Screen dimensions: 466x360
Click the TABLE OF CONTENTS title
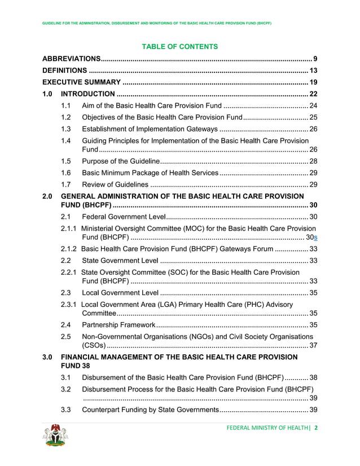(x=179, y=46)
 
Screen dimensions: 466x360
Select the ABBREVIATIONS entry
(x=72, y=59)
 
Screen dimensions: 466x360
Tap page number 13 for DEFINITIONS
(x=313, y=71)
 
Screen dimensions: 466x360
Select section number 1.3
(x=65, y=129)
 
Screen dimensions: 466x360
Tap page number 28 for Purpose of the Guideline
(x=313, y=161)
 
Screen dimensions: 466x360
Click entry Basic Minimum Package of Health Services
(x=150, y=173)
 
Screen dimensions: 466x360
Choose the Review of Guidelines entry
(x=116, y=184)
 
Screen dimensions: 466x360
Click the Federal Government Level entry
(x=124, y=217)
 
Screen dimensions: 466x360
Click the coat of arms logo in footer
(x=55, y=436)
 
